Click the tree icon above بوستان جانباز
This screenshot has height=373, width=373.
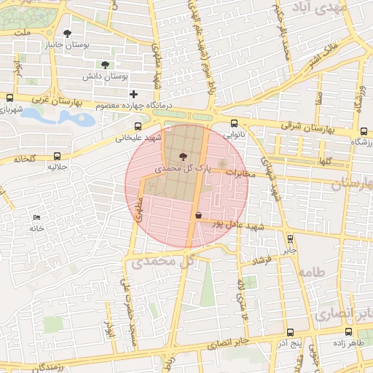coord(68,34)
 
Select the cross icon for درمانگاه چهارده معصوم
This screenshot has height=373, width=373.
coord(133,94)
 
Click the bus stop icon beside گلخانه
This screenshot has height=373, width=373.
coord(57,156)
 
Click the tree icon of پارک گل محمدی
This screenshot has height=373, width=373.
coord(182,157)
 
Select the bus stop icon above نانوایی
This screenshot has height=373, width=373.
coord(233,124)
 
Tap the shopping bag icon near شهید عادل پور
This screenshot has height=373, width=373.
coord(199,215)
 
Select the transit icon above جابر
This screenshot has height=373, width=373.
coord(291,238)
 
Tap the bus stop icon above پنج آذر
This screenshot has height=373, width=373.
coord(290,332)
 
